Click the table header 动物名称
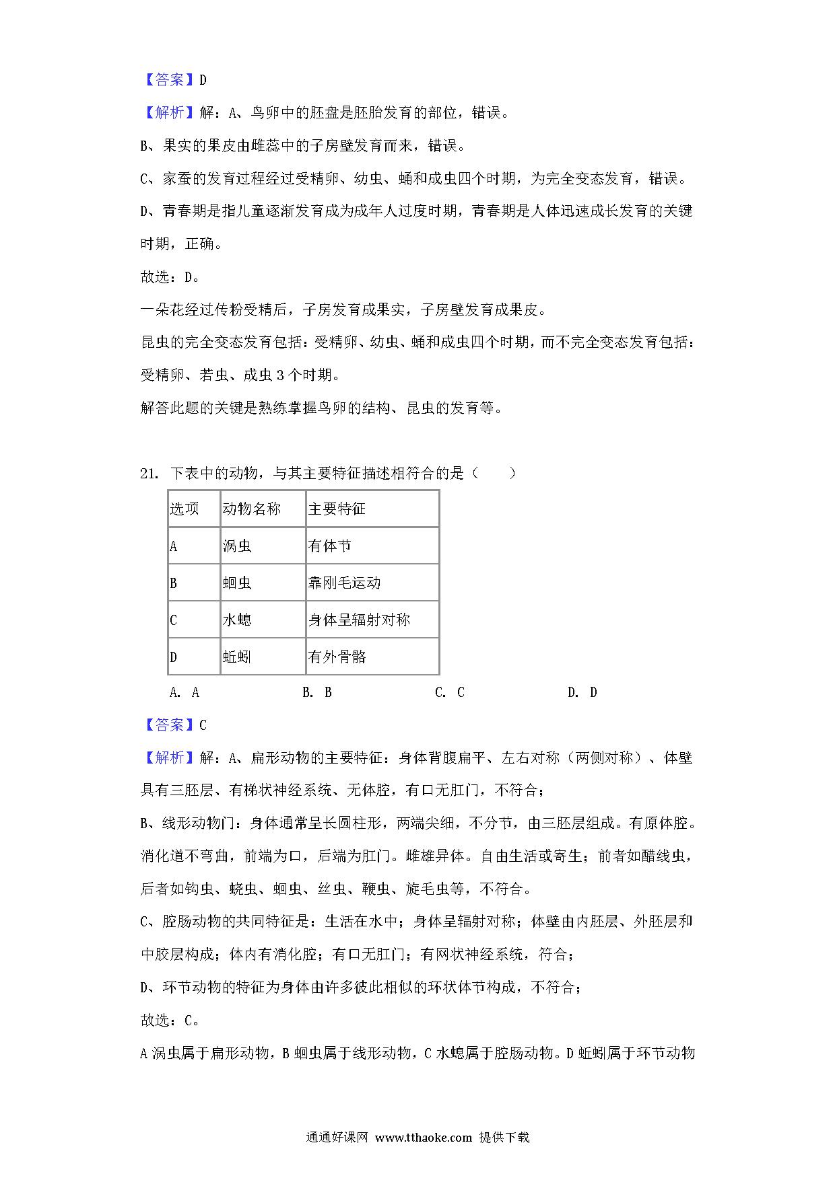coord(251,509)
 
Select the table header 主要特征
coord(337,509)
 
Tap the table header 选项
coord(184,509)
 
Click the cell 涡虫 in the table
coord(237,546)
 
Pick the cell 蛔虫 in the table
coord(237,583)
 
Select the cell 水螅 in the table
coord(237,620)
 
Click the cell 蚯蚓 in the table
coord(237,657)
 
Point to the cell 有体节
coord(329,546)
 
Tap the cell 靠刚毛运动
coord(344,583)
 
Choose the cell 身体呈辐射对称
coord(359,620)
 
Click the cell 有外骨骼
coord(337,657)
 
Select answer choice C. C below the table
coord(450,692)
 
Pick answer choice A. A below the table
coord(185,692)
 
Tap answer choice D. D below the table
coord(582,692)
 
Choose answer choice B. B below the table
coord(317,692)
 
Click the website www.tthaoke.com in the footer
coord(424,1138)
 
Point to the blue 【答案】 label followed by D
coord(169,80)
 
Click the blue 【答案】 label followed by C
coord(169,725)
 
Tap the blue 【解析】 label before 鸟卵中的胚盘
coord(169,113)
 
